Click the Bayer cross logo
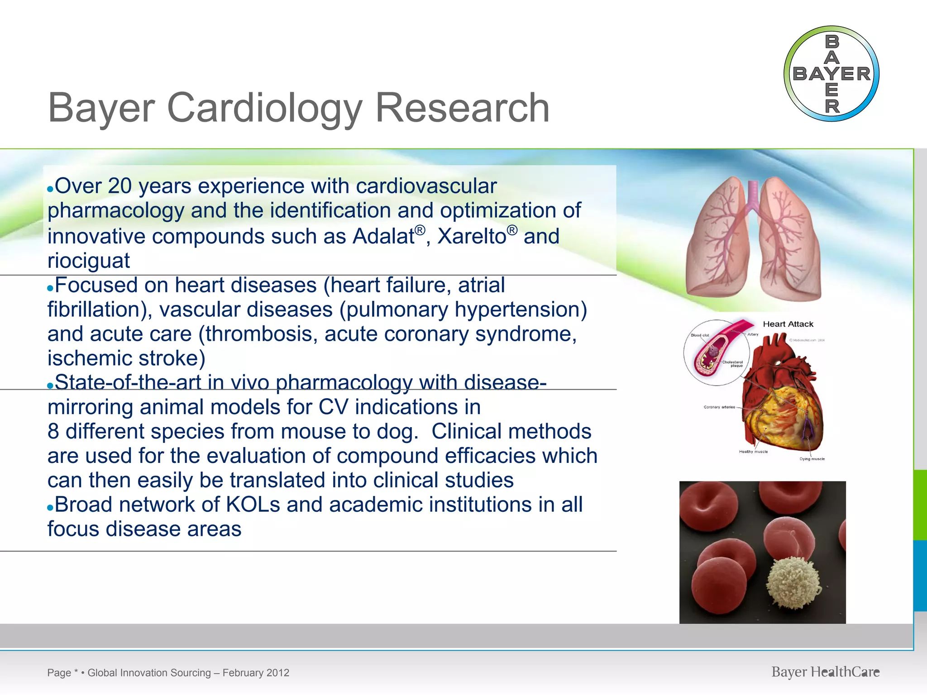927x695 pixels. (831, 74)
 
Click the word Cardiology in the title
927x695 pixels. (265, 108)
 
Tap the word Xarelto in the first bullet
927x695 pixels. (472, 236)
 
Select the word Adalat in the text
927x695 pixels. (383, 236)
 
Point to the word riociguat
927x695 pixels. (89, 261)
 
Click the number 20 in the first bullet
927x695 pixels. (120, 186)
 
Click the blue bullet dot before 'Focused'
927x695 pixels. (50, 288)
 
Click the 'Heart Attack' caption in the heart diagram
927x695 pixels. (788, 324)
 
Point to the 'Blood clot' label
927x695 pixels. (700, 335)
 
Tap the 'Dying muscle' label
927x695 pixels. (812, 459)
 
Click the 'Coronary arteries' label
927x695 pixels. (719, 407)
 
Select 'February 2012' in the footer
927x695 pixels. (256, 673)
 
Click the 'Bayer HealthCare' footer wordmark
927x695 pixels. (825, 672)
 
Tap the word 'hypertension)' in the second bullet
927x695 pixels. (521, 309)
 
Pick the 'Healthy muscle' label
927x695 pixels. (753, 452)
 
